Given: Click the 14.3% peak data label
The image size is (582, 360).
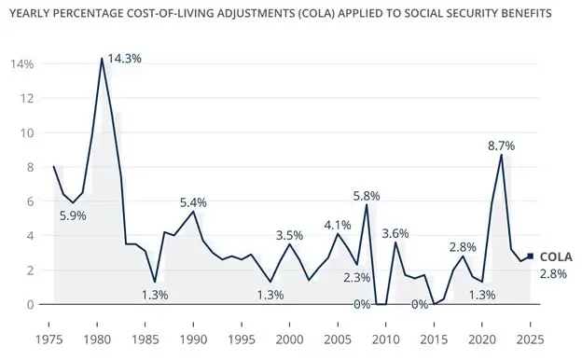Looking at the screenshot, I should [x=125, y=58].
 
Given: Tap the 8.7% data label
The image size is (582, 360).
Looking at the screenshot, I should [x=501, y=146].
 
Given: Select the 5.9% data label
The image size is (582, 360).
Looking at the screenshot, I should [x=74, y=215].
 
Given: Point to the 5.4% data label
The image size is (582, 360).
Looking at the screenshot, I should [x=192, y=202].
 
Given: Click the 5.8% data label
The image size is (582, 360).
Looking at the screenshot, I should [x=366, y=195].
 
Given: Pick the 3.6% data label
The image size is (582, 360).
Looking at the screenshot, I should [x=395, y=233].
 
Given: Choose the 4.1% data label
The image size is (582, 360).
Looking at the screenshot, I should [x=338, y=225].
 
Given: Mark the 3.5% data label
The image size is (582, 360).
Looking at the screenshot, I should [x=289, y=235].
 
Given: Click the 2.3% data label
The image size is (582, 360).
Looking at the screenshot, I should [x=357, y=277].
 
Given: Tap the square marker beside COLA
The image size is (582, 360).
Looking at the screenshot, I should [x=530, y=256].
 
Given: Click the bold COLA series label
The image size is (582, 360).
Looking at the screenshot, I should [x=556, y=256].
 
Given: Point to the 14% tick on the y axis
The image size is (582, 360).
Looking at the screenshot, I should [x=22, y=64].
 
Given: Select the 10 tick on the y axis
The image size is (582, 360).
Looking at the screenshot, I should [x=28, y=132].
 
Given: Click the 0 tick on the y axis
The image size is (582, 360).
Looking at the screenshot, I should [x=31, y=304].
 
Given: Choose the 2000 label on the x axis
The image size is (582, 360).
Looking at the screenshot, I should [x=289, y=339].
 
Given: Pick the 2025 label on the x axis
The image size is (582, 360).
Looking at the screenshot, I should [x=530, y=339].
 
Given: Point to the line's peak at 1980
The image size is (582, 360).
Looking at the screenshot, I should [x=102, y=59].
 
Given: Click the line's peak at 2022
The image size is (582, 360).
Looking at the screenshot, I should [x=502, y=155].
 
